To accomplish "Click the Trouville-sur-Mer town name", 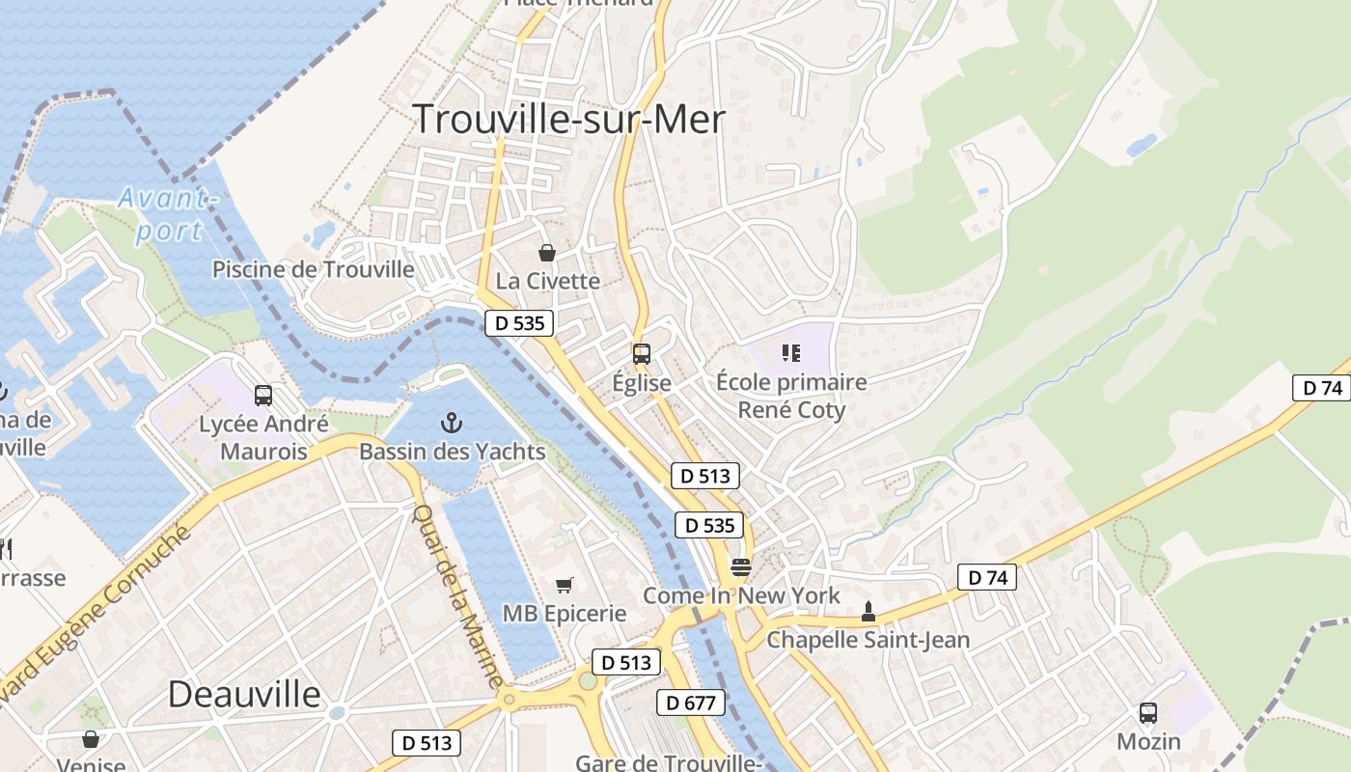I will pyautogui.click(x=569, y=119).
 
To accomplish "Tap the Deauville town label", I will pyautogui.click(x=244, y=694).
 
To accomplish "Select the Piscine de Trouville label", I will pyautogui.click(x=314, y=269).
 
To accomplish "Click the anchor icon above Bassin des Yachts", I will pyautogui.click(x=450, y=423).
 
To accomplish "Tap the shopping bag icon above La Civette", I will pyautogui.click(x=547, y=253).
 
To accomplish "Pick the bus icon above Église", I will pyautogui.click(x=642, y=354).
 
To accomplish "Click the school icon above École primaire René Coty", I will pyautogui.click(x=791, y=353).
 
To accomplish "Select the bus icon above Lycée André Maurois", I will pyautogui.click(x=263, y=395).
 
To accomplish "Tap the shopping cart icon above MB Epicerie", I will pyautogui.click(x=565, y=585).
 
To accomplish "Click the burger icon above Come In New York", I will pyautogui.click(x=740, y=566).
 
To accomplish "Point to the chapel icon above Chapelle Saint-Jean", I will pyautogui.click(x=868, y=611).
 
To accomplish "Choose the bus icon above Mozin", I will pyautogui.click(x=1148, y=713).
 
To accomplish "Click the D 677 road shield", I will pyautogui.click(x=691, y=703).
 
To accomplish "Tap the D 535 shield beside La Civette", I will pyautogui.click(x=520, y=323).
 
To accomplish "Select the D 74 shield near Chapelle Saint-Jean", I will pyautogui.click(x=987, y=578).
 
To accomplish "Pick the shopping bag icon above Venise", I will pyautogui.click(x=91, y=739).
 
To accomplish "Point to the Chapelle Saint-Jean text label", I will pyautogui.click(x=868, y=640).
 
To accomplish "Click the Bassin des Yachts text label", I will pyautogui.click(x=452, y=452).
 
